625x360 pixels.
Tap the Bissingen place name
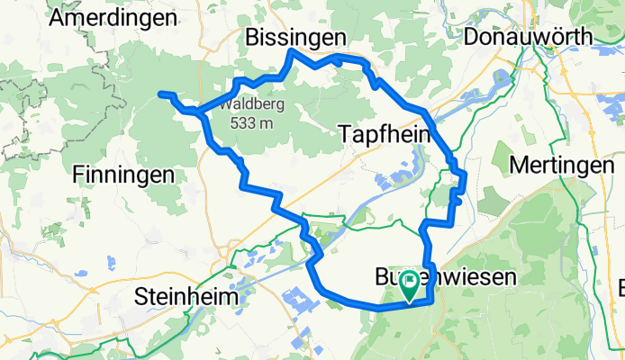[295, 37]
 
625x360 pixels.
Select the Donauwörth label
[528, 37]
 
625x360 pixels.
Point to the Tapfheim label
[385, 134]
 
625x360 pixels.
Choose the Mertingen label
[561, 166]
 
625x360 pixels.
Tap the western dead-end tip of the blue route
[160, 94]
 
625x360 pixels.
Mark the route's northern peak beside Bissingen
[289, 51]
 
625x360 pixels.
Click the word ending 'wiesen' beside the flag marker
[468, 278]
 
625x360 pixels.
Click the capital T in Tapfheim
[348, 134]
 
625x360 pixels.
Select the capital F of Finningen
[76, 175]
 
